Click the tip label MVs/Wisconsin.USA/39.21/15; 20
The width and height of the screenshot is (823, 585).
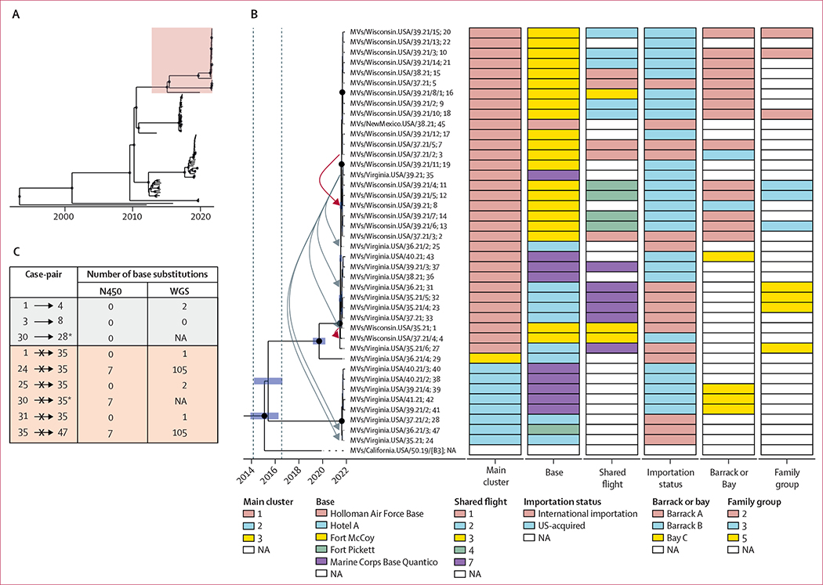(x=396, y=32)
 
